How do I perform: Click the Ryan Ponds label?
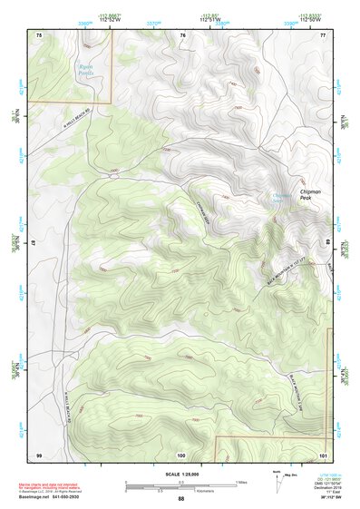85,69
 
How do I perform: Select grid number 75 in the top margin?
39,34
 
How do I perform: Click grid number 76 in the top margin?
182,34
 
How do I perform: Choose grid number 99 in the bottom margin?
39,454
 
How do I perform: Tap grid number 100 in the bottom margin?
181,454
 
